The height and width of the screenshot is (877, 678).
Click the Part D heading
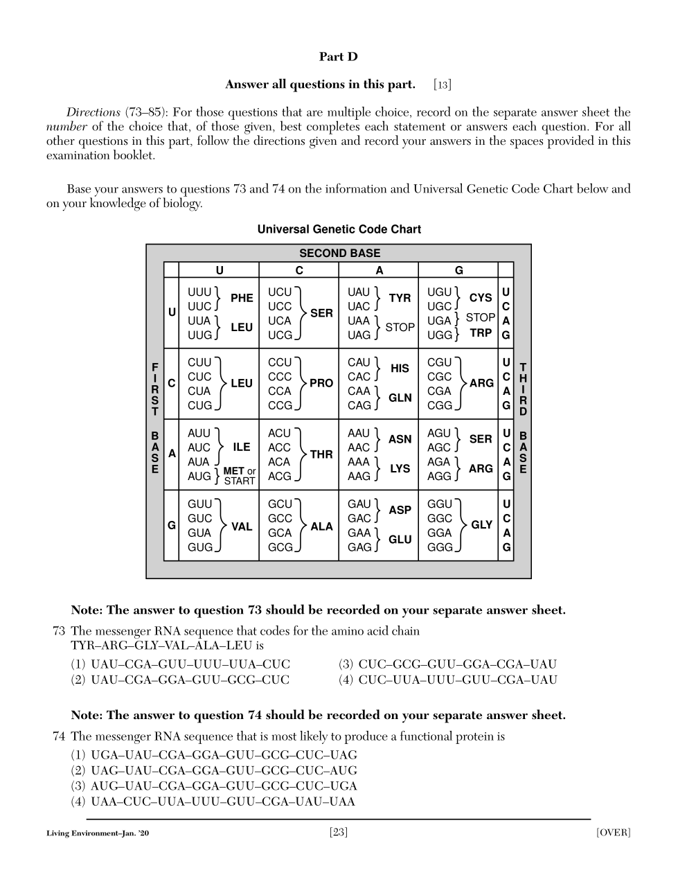338,57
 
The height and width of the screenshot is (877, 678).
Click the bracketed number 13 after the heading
443,85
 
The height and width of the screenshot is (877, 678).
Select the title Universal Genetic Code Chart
339,229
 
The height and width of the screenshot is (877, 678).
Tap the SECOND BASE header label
339,254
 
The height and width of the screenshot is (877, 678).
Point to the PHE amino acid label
242,299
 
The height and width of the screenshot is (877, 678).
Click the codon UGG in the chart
439,335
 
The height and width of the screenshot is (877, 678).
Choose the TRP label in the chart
481,333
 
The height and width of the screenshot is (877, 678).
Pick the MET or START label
239,476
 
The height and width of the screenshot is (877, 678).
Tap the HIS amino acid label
400,369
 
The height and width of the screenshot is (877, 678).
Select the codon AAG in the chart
359,477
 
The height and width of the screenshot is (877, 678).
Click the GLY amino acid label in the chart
481,525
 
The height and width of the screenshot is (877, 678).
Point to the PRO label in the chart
321,383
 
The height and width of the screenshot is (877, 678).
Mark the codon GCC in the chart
280,519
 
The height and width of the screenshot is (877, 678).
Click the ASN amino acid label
400,439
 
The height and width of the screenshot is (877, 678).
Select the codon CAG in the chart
359,406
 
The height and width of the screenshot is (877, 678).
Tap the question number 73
59,631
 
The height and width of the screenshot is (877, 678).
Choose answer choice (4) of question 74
213,802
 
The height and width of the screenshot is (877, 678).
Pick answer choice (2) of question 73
180,680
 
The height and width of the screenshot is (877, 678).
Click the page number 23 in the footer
339,832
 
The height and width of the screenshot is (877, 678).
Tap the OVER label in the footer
613,832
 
